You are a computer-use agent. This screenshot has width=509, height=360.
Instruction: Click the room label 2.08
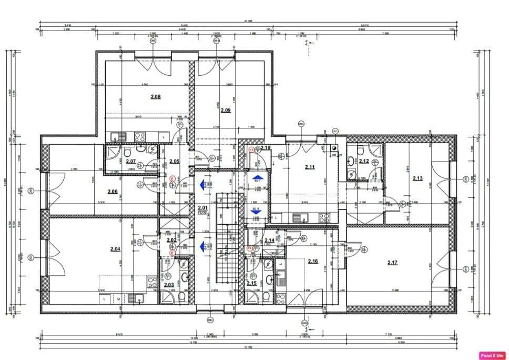155,96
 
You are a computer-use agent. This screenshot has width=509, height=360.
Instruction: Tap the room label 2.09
225,110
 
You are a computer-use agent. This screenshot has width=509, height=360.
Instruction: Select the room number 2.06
113,192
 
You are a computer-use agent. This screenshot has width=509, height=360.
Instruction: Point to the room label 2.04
115,248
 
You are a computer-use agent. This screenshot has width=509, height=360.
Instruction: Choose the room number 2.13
418,178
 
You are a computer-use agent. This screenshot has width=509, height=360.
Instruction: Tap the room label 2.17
392,262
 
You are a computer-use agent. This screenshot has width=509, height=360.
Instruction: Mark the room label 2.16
313,261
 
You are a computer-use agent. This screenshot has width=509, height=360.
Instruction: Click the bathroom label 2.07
131,161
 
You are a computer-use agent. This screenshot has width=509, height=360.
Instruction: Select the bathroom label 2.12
363,161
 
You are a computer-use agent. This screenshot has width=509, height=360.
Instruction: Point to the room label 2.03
169,285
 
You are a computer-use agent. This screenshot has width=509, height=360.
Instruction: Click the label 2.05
174,161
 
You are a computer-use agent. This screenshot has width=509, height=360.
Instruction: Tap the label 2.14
269,240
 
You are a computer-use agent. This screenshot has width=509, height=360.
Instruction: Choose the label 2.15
251,284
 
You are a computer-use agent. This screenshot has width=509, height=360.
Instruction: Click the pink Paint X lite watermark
492,355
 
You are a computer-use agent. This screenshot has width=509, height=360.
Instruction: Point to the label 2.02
171,240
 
